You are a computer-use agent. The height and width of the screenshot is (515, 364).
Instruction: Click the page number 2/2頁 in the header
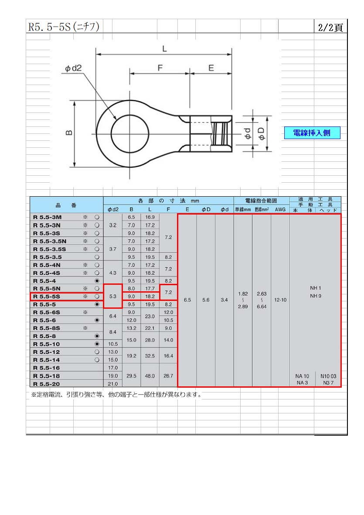click(x=330, y=27)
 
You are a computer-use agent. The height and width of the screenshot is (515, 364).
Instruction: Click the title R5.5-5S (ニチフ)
click(x=63, y=27)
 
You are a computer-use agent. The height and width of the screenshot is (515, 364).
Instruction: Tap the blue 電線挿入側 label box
click(x=312, y=133)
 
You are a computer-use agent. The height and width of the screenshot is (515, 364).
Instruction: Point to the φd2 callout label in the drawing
click(x=73, y=68)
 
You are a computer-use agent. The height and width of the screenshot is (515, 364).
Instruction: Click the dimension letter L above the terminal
click(x=164, y=49)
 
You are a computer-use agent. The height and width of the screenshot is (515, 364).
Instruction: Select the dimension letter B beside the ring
click(x=69, y=133)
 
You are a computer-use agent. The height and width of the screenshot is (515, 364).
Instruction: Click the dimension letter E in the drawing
click(x=211, y=68)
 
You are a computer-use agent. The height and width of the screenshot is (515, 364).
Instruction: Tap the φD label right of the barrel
click(x=261, y=134)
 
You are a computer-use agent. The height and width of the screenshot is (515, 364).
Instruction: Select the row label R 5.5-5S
click(x=47, y=297)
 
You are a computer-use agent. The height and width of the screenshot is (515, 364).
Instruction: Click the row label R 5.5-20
click(x=47, y=384)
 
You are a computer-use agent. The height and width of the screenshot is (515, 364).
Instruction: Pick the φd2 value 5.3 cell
click(x=112, y=296)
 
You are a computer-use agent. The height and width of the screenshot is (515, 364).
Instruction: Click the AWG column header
click(x=280, y=210)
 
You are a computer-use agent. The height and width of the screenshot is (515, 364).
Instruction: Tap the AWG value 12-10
click(x=280, y=300)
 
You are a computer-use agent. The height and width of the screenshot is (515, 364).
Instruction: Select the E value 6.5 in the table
click(x=187, y=300)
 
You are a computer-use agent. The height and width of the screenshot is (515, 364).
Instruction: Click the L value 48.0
click(x=150, y=376)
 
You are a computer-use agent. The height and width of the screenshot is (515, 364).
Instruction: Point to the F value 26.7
click(x=168, y=376)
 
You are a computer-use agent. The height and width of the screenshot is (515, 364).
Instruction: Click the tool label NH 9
click(x=316, y=296)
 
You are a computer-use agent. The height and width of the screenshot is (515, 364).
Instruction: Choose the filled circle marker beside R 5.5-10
click(x=97, y=344)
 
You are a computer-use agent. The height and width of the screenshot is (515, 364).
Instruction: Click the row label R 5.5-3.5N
click(x=50, y=241)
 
